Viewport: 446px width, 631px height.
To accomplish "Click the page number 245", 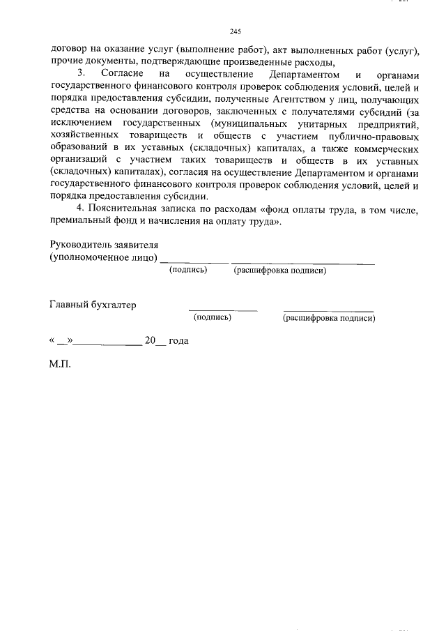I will click(x=235, y=31).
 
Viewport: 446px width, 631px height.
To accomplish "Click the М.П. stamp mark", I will click(x=61, y=363).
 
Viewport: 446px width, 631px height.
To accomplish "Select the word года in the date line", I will click(x=179, y=341).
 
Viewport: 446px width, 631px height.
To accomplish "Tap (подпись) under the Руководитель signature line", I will click(x=188, y=270).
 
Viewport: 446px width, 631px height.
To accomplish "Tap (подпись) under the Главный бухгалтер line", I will click(x=213, y=317).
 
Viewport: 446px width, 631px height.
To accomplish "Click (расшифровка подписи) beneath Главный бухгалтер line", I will click(x=328, y=318).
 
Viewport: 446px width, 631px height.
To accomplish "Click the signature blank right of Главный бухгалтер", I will click(x=222, y=309).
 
